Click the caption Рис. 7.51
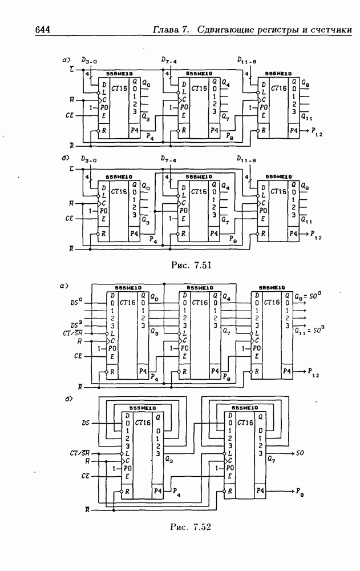[x=188, y=264]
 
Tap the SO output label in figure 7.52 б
[x=303, y=454]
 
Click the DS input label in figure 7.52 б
[x=86, y=423]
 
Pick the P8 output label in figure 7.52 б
[x=302, y=491]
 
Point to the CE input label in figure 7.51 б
[x=70, y=218]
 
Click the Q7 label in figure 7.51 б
[x=225, y=220]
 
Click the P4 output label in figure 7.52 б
[x=177, y=492]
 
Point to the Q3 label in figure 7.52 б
[x=169, y=458]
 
